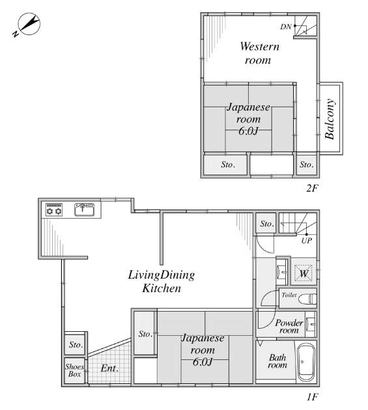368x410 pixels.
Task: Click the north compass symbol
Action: [x=27, y=24]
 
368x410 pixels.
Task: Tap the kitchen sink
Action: [x=84, y=210]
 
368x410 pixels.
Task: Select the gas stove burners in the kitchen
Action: [x=54, y=210]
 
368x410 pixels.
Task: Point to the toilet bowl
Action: [x=307, y=299]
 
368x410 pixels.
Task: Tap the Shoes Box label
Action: [x=75, y=370]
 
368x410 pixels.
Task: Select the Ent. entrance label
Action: [x=109, y=368]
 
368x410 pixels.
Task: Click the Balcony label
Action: [x=330, y=119]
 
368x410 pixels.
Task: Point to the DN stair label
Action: [x=285, y=27]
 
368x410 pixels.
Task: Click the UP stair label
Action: [x=307, y=241]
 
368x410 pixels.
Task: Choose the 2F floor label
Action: [x=312, y=188]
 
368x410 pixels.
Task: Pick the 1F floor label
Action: [x=312, y=397]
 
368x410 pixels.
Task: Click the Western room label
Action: [x=259, y=53]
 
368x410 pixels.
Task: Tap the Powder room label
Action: [x=289, y=326]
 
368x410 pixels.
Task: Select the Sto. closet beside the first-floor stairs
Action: [x=266, y=223]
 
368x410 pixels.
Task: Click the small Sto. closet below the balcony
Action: [x=307, y=165]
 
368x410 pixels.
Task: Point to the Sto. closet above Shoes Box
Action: [x=76, y=344]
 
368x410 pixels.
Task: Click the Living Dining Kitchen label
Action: [x=162, y=282]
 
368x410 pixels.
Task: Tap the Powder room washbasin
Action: [x=311, y=324]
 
